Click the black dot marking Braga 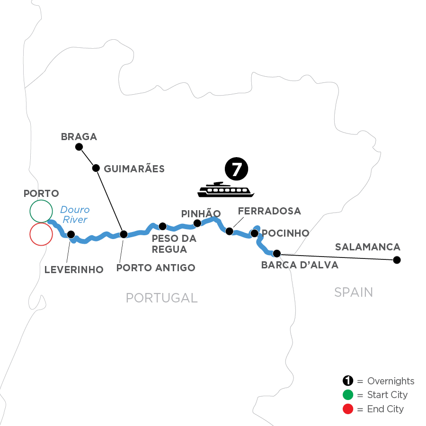tap(79, 147)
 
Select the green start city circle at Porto tap(41, 211)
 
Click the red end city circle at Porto tap(41, 234)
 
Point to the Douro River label tap(74, 214)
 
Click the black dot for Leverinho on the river tap(71, 234)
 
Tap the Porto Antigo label tap(156, 268)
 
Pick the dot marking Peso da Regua tap(162, 226)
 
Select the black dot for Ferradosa tap(230, 231)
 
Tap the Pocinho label tap(285, 233)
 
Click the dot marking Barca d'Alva tap(277, 253)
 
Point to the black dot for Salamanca tap(397, 259)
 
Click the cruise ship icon tap(226, 190)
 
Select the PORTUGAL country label tap(161, 298)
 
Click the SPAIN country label tap(353, 292)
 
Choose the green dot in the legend tap(347, 395)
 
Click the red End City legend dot tap(347, 408)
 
